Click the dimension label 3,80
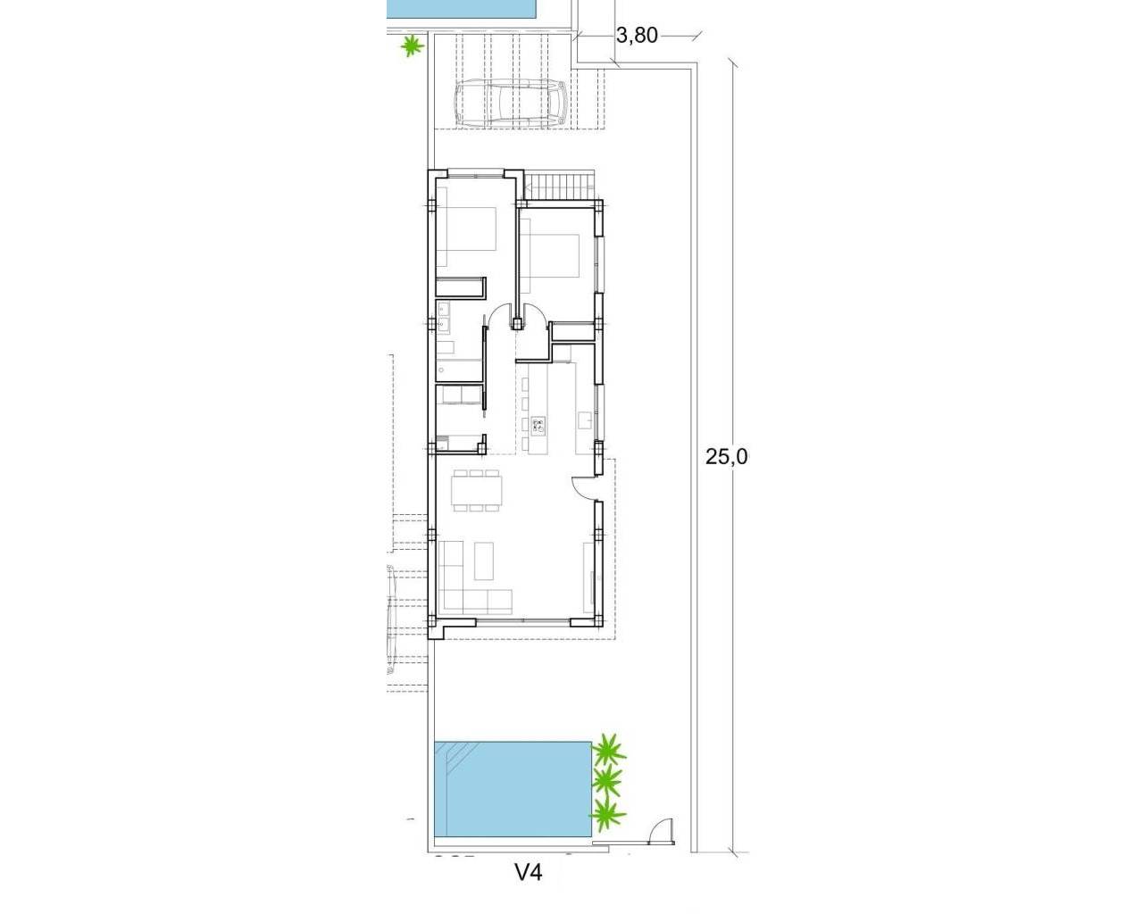(x=637, y=36)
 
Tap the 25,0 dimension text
(x=726, y=457)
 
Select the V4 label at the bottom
(x=529, y=872)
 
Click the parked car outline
(x=511, y=104)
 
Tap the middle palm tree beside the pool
(x=607, y=782)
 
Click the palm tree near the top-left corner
(x=411, y=46)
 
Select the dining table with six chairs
(x=478, y=491)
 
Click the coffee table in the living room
(x=487, y=561)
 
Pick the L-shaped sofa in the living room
(x=469, y=589)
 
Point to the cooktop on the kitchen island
(x=538, y=425)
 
